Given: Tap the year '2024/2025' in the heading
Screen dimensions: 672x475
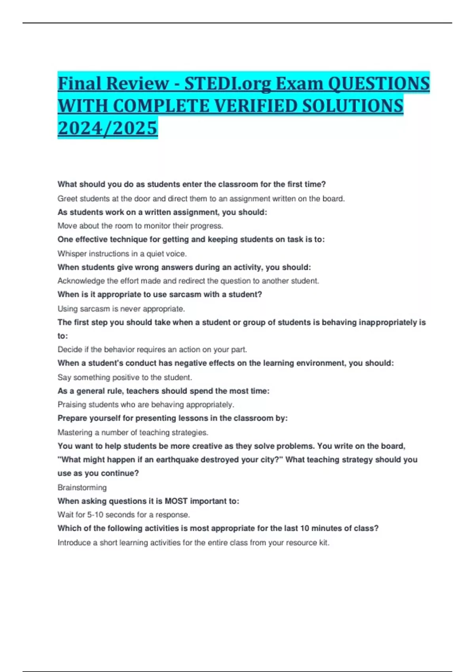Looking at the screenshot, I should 107,128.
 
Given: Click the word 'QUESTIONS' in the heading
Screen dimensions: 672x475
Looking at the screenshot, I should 379,83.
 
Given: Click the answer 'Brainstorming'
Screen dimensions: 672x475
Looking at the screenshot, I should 82,487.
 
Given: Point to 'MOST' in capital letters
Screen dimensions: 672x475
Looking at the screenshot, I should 176,501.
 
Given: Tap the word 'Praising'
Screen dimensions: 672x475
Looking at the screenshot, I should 72,404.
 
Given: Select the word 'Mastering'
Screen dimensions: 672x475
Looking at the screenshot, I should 75,432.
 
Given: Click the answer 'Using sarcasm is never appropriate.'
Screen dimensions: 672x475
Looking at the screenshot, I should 121,309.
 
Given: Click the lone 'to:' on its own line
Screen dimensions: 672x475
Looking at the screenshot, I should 63,336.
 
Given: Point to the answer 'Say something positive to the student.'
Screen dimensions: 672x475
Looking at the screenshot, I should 125,377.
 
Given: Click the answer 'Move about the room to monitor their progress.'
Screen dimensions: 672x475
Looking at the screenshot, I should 140,226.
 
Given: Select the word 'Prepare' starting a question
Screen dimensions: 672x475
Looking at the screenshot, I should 72,418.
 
